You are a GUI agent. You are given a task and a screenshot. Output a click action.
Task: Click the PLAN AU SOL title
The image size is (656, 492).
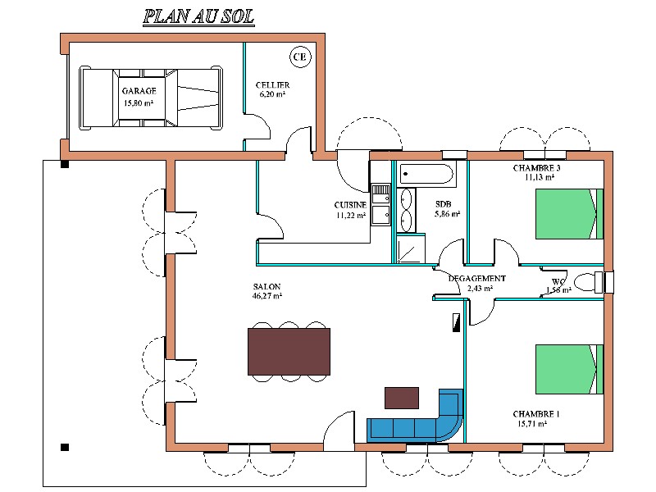pos(198,16)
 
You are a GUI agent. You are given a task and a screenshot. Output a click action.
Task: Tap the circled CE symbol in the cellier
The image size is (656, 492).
pos(300,57)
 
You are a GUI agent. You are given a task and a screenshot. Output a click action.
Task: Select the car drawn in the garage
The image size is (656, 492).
pos(150,98)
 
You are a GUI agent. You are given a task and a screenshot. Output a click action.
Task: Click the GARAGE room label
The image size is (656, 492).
pos(139,90)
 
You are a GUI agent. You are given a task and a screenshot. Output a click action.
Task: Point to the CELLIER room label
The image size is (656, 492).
pos(272,85)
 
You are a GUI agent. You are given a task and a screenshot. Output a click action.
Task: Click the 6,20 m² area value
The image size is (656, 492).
pos(272,95)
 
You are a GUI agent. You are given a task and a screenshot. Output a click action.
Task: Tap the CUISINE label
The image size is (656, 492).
pos(350,205)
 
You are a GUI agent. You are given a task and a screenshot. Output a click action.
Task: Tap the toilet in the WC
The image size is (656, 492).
pos(588,282)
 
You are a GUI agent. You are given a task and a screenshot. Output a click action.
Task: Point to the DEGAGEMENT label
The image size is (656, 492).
pos(477,278)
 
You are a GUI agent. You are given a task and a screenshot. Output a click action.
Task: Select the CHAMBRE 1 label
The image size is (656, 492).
pos(537,414)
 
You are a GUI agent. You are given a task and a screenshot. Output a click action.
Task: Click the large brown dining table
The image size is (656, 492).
pos(289,351)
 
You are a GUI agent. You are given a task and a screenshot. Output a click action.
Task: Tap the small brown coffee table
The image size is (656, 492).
pos(402,398)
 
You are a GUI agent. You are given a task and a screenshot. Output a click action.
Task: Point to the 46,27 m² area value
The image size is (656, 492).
pos(267,296)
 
